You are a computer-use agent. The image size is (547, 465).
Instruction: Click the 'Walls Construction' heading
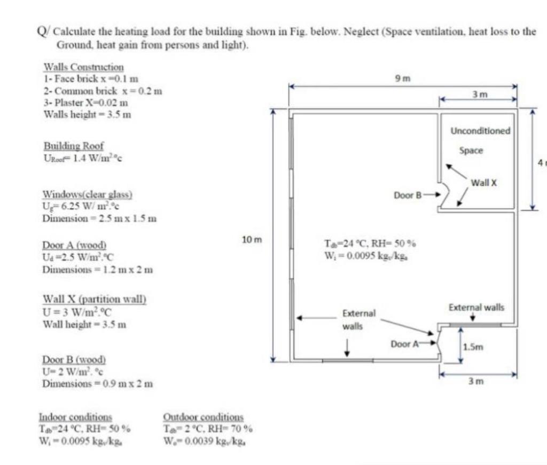[x=83, y=67]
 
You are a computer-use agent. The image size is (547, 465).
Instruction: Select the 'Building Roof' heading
[x=74, y=146]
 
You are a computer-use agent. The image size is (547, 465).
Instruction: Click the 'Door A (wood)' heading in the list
[x=75, y=245]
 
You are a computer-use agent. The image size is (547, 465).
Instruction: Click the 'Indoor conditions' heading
[x=75, y=416]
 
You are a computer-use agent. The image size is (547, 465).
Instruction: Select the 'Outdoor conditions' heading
[x=203, y=416]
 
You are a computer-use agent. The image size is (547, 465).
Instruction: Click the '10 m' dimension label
[x=251, y=240]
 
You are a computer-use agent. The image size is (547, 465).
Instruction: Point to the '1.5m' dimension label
[x=473, y=347]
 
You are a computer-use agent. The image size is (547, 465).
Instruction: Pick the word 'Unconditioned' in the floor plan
[x=480, y=131]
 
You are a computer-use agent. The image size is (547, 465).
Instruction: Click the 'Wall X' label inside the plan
[x=484, y=183]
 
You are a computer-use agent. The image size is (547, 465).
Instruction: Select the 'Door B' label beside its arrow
[x=408, y=195]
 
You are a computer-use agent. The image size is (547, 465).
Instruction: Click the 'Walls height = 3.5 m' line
[x=87, y=114]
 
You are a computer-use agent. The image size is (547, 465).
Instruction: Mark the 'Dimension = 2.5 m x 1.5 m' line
[x=99, y=218]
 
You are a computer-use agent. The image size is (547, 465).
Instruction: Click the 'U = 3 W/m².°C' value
[x=78, y=312]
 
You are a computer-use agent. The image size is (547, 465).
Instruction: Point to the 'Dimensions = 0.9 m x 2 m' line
[x=98, y=383]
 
